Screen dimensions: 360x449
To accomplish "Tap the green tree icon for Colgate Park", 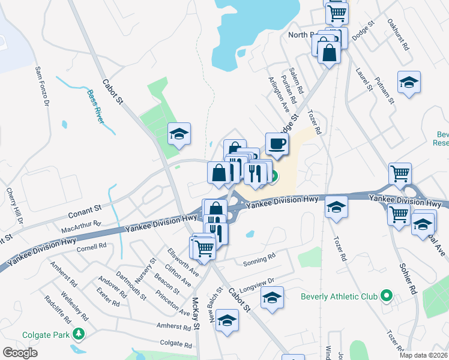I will tap(78, 334).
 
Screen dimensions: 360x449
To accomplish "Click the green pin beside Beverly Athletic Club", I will tap(387, 296).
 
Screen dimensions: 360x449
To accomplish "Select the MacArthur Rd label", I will tap(81, 227).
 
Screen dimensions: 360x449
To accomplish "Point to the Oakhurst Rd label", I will tap(397, 37).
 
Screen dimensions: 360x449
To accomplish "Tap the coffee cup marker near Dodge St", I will tap(277, 144).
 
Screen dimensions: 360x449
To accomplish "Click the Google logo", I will tap(19, 353).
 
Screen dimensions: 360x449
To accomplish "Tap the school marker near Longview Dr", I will tap(272, 298).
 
